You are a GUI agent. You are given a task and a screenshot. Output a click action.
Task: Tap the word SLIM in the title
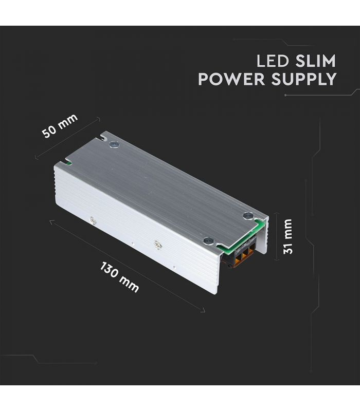(315, 61)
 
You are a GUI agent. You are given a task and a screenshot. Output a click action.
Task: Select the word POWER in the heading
(231, 79)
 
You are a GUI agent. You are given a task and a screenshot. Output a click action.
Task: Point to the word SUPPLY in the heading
(304, 79)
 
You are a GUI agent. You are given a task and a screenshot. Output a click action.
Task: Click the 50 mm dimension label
(60, 125)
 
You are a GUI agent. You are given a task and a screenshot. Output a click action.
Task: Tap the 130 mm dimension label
(119, 277)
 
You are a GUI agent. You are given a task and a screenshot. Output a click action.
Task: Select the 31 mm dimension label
(288, 236)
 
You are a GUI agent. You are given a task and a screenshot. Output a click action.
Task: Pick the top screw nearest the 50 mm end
(114, 144)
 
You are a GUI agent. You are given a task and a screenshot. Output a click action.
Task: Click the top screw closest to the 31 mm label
(248, 216)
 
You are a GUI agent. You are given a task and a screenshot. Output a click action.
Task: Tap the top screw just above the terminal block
(209, 240)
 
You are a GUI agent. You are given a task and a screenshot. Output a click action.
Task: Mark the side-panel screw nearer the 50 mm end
(93, 221)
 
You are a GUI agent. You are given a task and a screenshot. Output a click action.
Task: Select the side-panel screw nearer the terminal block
(157, 245)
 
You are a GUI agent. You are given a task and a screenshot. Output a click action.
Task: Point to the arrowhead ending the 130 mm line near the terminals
(203, 311)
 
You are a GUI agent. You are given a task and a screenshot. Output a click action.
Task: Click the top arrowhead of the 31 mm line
(276, 214)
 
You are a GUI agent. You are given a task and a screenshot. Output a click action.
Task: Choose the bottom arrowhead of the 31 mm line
(276, 259)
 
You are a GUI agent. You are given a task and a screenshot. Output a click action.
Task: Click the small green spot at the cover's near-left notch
(69, 164)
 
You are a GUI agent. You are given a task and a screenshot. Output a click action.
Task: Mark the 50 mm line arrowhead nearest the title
(98, 119)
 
